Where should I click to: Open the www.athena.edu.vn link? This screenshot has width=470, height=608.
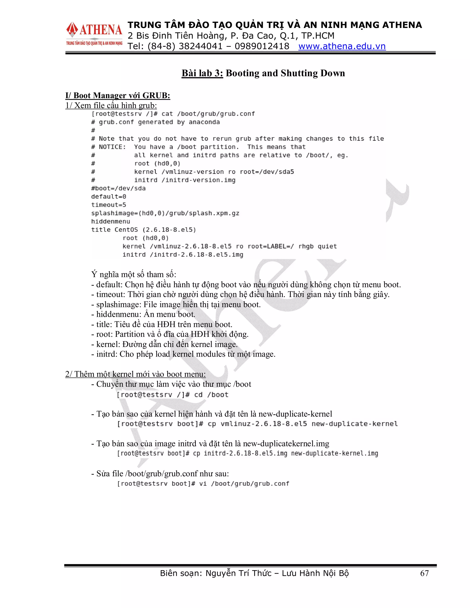pyautogui.click(x=342, y=46)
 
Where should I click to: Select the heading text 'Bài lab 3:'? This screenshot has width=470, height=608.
pyautogui.click(x=202, y=73)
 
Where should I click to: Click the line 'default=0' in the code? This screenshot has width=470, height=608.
pyautogui.click(x=109, y=197)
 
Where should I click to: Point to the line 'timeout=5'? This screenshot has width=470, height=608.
pyautogui.click(x=109, y=205)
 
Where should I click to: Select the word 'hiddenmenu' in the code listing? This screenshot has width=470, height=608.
pyautogui.click(x=111, y=222)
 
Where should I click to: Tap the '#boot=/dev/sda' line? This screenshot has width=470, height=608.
pyautogui.click(x=118, y=188)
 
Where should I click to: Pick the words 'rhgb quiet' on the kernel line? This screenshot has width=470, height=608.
pyautogui.click(x=317, y=246)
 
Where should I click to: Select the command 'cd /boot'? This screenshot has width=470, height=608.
pyautogui.click(x=211, y=395)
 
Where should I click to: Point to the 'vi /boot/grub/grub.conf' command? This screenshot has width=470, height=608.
pyautogui.click(x=244, y=484)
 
